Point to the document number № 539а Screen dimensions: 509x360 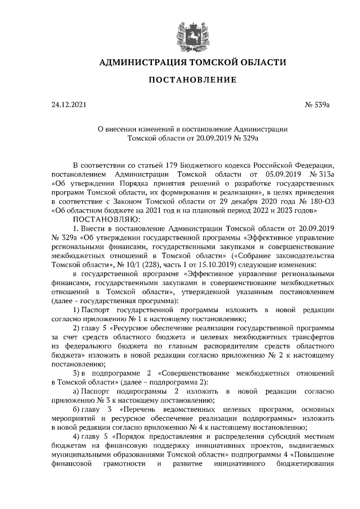coord(321,105)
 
